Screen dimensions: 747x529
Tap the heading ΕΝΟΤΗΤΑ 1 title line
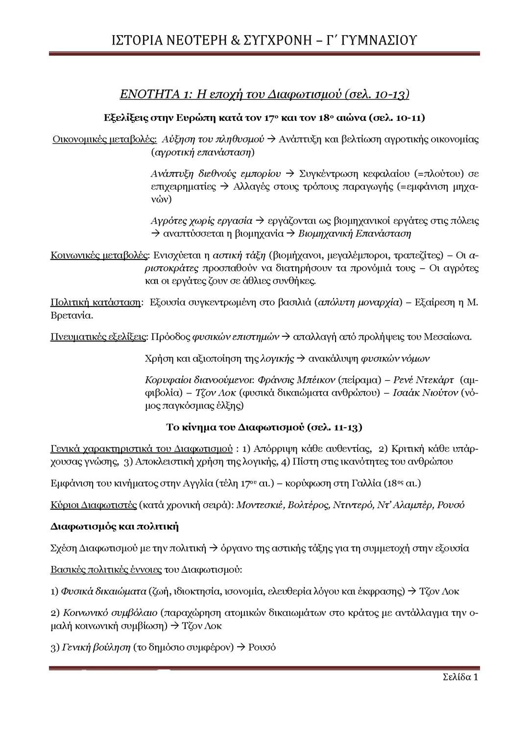point(264,94)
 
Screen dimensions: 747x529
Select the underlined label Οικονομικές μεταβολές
point(104,139)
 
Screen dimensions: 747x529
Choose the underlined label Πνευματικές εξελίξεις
point(98,337)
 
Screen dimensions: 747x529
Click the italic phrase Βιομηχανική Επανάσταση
point(355,233)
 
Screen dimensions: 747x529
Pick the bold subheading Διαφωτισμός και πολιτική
point(114,527)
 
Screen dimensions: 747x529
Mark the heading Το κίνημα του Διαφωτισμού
point(264,427)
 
